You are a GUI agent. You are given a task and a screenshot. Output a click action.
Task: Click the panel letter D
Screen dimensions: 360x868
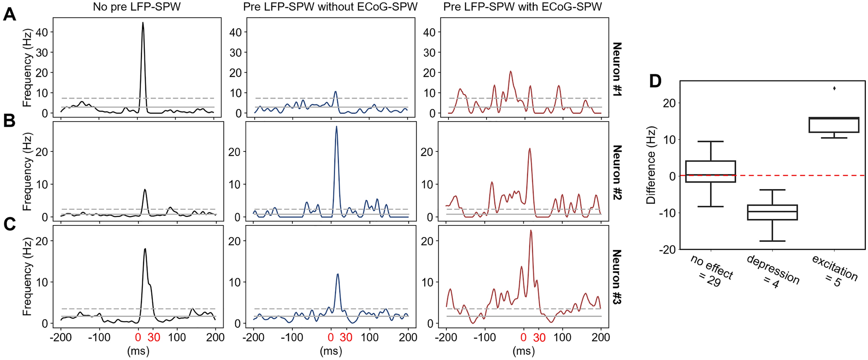[x=655, y=81]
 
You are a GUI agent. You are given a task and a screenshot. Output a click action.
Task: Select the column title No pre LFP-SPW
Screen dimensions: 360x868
[x=137, y=6]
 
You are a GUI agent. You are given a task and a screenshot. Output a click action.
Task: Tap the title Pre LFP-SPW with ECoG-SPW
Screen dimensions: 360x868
[x=522, y=6]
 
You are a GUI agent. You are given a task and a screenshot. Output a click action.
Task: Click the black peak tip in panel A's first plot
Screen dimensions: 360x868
[x=143, y=23]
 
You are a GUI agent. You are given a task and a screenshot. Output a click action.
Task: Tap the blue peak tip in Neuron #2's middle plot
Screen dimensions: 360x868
[x=336, y=127]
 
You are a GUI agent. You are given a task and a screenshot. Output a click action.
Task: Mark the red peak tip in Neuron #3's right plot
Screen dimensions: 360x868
[x=531, y=231]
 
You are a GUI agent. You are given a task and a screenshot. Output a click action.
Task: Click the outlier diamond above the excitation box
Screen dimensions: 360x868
[x=834, y=88]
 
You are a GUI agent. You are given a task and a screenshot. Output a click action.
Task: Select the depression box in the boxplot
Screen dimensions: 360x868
[x=772, y=212]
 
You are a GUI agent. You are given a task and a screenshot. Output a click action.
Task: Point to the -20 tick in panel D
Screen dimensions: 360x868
[x=666, y=250]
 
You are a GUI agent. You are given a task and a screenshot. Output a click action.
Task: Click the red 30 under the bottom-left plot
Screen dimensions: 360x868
[x=153, y=337]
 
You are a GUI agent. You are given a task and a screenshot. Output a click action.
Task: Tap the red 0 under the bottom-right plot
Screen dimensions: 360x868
[x=523, y=337]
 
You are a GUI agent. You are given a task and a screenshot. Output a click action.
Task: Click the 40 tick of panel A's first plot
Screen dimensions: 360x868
[x=42, y=32]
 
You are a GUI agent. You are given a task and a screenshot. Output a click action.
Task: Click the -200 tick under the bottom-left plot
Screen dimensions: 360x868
[x=60, y=337]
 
